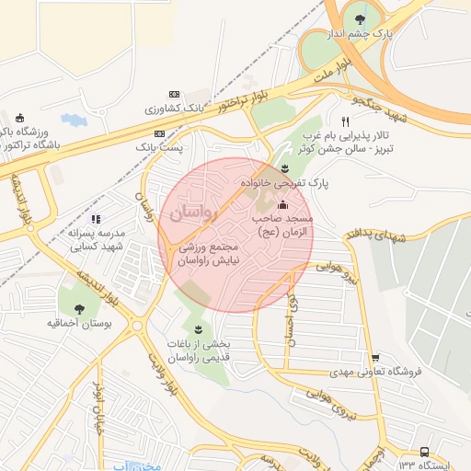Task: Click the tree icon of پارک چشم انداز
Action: [360, 20]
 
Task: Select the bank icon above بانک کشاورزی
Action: [175, 95]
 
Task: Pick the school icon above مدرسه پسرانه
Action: [96, 219]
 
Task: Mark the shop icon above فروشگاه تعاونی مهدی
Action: [375, 358]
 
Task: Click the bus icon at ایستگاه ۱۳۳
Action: [423, 452]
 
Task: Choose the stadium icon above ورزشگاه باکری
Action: [20, 118]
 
